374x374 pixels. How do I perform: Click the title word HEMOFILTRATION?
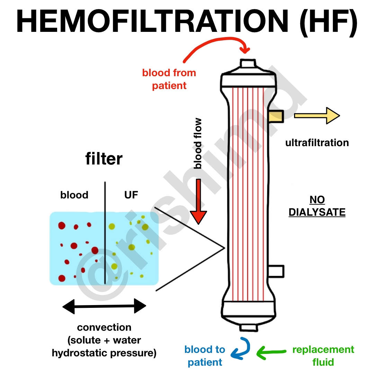(152, 21)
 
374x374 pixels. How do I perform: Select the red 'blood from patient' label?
(169, 79)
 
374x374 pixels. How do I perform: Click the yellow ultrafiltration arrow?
(317, 116)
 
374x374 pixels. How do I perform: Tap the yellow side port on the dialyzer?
(276, 116)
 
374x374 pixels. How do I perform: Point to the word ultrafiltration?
(317, 143)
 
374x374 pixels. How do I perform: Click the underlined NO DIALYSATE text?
(317, 206)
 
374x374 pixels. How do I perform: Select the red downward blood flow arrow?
(198, 202)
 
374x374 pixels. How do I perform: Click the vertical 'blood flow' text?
(198, 143)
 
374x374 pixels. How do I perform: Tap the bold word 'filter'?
(104, 159)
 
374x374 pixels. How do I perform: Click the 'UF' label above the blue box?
(131, 195)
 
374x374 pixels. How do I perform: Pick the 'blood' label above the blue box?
(74, 195)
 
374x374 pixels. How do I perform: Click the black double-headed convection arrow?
(104, 306)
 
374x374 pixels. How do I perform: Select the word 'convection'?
(104, 327)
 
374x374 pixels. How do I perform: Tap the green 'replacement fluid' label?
(323, 356)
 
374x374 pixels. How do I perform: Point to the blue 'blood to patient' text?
(205, 356)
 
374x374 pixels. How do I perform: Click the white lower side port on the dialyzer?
(276, 271)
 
